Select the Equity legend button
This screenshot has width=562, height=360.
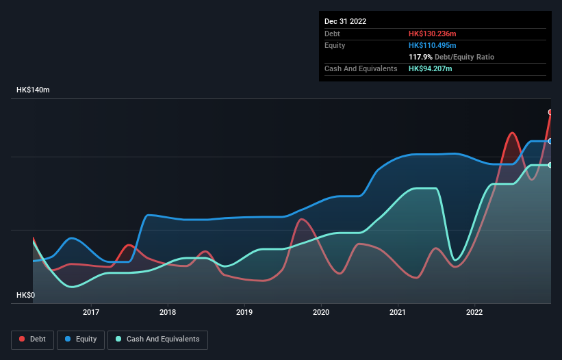[81, 339]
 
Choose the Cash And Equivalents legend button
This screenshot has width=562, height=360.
[157, 339]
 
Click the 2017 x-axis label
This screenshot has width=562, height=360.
[91, 313]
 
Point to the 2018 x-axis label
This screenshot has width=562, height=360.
[168, 313]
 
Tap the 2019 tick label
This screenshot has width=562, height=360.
[244, 313]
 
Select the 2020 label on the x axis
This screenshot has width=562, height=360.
[321, 313]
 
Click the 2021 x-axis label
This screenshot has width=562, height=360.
[398, 313]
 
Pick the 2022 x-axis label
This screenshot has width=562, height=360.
[474, 313]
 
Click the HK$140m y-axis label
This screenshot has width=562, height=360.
[34, 90]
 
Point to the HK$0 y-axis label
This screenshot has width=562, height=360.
[27, 296]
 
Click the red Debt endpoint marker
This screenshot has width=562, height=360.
[550, 112]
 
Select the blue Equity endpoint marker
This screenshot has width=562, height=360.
[550, 141]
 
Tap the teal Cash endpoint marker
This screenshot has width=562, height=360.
[550, 165]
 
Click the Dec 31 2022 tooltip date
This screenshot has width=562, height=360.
[346, 21]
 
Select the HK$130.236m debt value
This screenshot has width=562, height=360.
[433, 34]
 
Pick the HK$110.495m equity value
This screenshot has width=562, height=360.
[433, 45]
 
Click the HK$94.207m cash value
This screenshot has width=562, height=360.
[431, 68]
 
